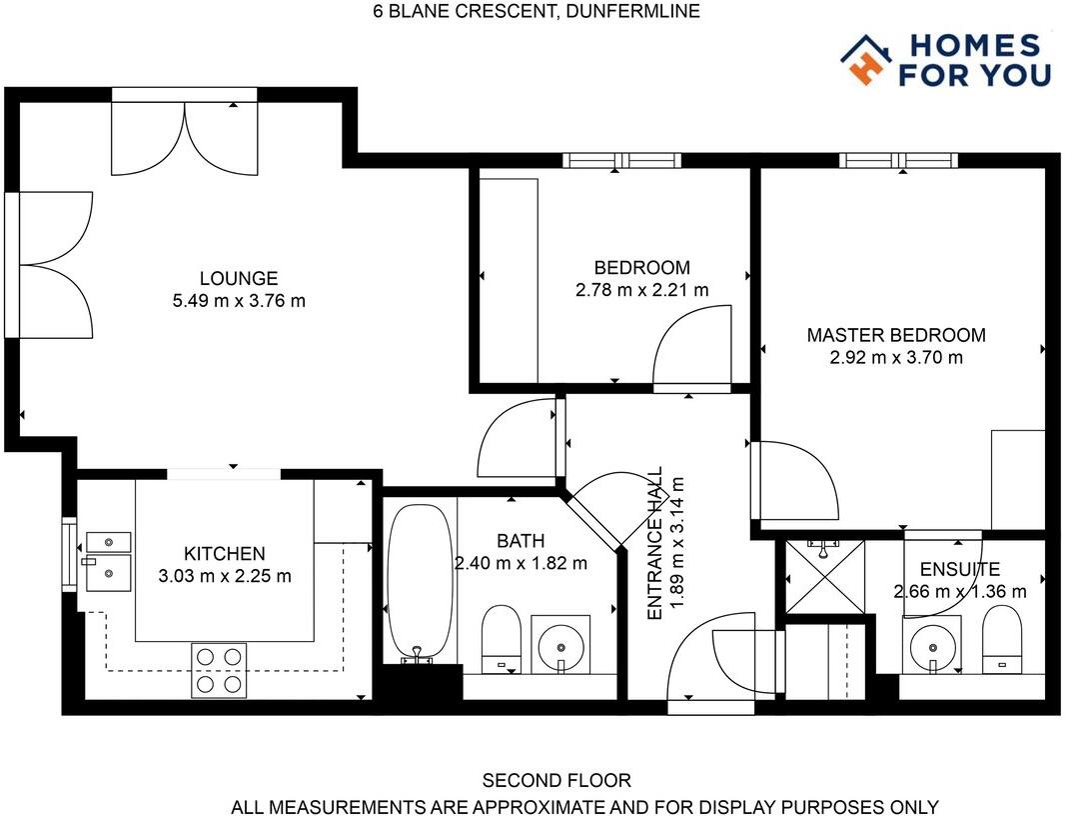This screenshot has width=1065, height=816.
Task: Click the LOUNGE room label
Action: click(239, 278)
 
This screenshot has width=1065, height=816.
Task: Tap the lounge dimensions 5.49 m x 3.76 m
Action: click(239, 301)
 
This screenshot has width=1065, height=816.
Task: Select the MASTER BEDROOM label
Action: click(896, 335)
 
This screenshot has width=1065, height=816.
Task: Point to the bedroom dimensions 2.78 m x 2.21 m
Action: click(641, 290)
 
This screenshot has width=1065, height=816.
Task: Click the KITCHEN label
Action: click(224, 554)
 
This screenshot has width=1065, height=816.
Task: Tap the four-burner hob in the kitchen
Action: click(219, 670)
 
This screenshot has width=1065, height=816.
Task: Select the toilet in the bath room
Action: click(502, 639)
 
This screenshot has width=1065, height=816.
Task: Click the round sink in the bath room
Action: click(560, 644)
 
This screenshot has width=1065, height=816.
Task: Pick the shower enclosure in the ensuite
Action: click(824, 576)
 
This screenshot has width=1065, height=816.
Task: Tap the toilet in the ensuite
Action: click(1002, 639)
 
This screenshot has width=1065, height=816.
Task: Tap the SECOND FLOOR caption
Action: click(556, 780)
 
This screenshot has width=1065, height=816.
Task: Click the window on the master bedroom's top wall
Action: click(898, 160)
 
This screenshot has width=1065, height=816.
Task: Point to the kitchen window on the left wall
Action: click(69, 554)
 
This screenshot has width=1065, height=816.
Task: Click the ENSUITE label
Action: click(960, 569)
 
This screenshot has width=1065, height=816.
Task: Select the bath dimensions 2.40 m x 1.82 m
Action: click(521, 563)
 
